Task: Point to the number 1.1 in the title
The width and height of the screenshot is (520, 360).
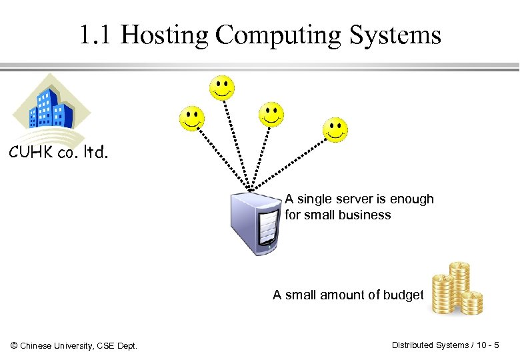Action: (x=97, y=35)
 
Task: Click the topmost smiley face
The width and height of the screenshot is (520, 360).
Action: (x=222, y=87)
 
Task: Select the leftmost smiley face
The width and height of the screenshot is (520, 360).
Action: (x=192, y=119)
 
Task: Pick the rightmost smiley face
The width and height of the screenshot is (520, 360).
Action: (x=335, y=129)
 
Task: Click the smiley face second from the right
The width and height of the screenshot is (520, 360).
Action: (x=271, y=114)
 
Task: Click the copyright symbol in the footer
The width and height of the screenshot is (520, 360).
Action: (x=14, y=345)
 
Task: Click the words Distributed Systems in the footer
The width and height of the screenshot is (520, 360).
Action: (x=430, y=345)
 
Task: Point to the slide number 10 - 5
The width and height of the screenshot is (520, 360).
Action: (x=489, y=345)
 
